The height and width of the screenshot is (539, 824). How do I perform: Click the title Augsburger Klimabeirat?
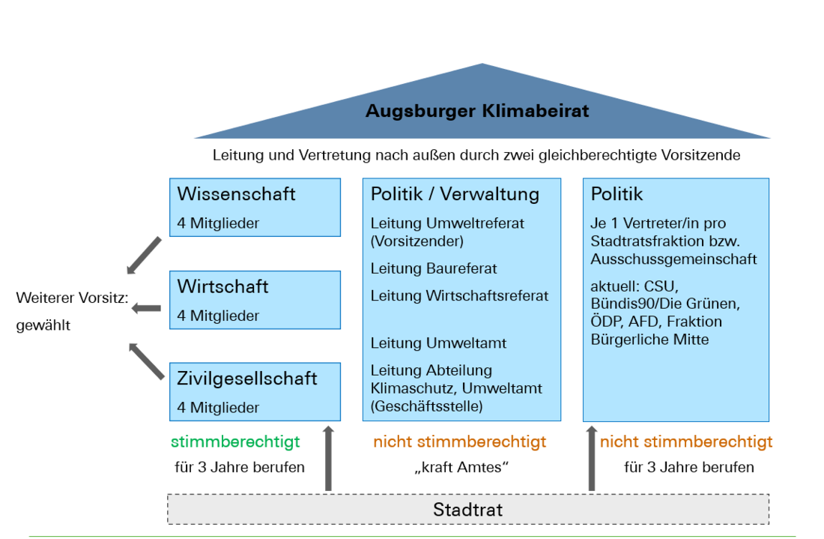pos(477,111)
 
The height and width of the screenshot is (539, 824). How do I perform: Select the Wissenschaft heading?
pos(237,194)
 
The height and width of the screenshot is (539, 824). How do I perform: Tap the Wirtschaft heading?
pos(222,286)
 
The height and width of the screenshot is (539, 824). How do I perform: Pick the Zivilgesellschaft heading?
pos(247,379)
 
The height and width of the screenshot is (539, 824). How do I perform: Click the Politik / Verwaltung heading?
pos(455,194)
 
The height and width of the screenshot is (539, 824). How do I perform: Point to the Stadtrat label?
pos(467,510)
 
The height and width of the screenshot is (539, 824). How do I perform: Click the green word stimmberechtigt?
pos(235,442)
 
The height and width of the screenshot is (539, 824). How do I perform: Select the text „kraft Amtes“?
pos(461,467)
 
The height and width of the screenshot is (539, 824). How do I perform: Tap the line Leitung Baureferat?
pos(434,268)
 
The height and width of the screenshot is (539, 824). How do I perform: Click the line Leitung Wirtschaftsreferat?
pos(459,296)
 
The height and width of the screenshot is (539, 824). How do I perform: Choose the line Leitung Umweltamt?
pos(438,343)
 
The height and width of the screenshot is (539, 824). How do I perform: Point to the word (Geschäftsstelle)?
pos(427,406)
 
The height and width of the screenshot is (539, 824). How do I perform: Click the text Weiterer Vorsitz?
pos(73,298)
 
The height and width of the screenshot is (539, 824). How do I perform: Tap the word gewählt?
pos(43,325)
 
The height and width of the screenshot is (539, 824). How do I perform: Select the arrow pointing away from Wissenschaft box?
pos(144,256)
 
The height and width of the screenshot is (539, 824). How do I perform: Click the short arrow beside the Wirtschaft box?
pos(146,308)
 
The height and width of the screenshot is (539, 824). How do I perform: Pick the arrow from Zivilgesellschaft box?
pos(147,361)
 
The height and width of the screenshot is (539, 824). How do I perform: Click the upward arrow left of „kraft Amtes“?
pos(328,458)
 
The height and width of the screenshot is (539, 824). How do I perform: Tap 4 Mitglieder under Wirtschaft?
pos(218,316)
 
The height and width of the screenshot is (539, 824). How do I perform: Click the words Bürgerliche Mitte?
pos(649,340)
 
